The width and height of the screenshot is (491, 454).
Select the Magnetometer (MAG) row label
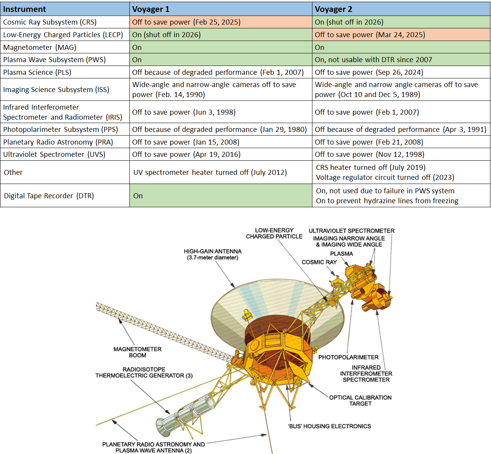[x=39, y=47]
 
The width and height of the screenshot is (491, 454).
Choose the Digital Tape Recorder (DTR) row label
[x=49, y=196]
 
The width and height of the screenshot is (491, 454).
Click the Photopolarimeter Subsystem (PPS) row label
[x=61, y=129]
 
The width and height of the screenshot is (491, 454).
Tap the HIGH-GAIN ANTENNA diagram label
[x=213, y=254]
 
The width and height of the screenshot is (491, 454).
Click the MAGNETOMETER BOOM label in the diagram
[x=137, y=352]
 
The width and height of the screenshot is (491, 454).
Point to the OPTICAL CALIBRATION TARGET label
[x=360, y=400]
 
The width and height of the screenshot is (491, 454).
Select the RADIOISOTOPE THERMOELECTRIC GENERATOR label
[x=144, y=372]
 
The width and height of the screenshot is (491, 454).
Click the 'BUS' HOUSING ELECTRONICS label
[x=329, y=426]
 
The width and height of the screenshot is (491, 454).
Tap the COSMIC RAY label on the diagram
[x=319, y=262]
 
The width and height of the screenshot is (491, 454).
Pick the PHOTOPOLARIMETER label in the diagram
[x=348, y=357]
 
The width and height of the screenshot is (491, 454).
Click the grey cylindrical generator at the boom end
[x=185, y=414]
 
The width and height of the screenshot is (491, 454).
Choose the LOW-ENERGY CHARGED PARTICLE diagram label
[x=274, y=233]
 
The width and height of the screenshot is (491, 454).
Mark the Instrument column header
[x=24, y=9]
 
